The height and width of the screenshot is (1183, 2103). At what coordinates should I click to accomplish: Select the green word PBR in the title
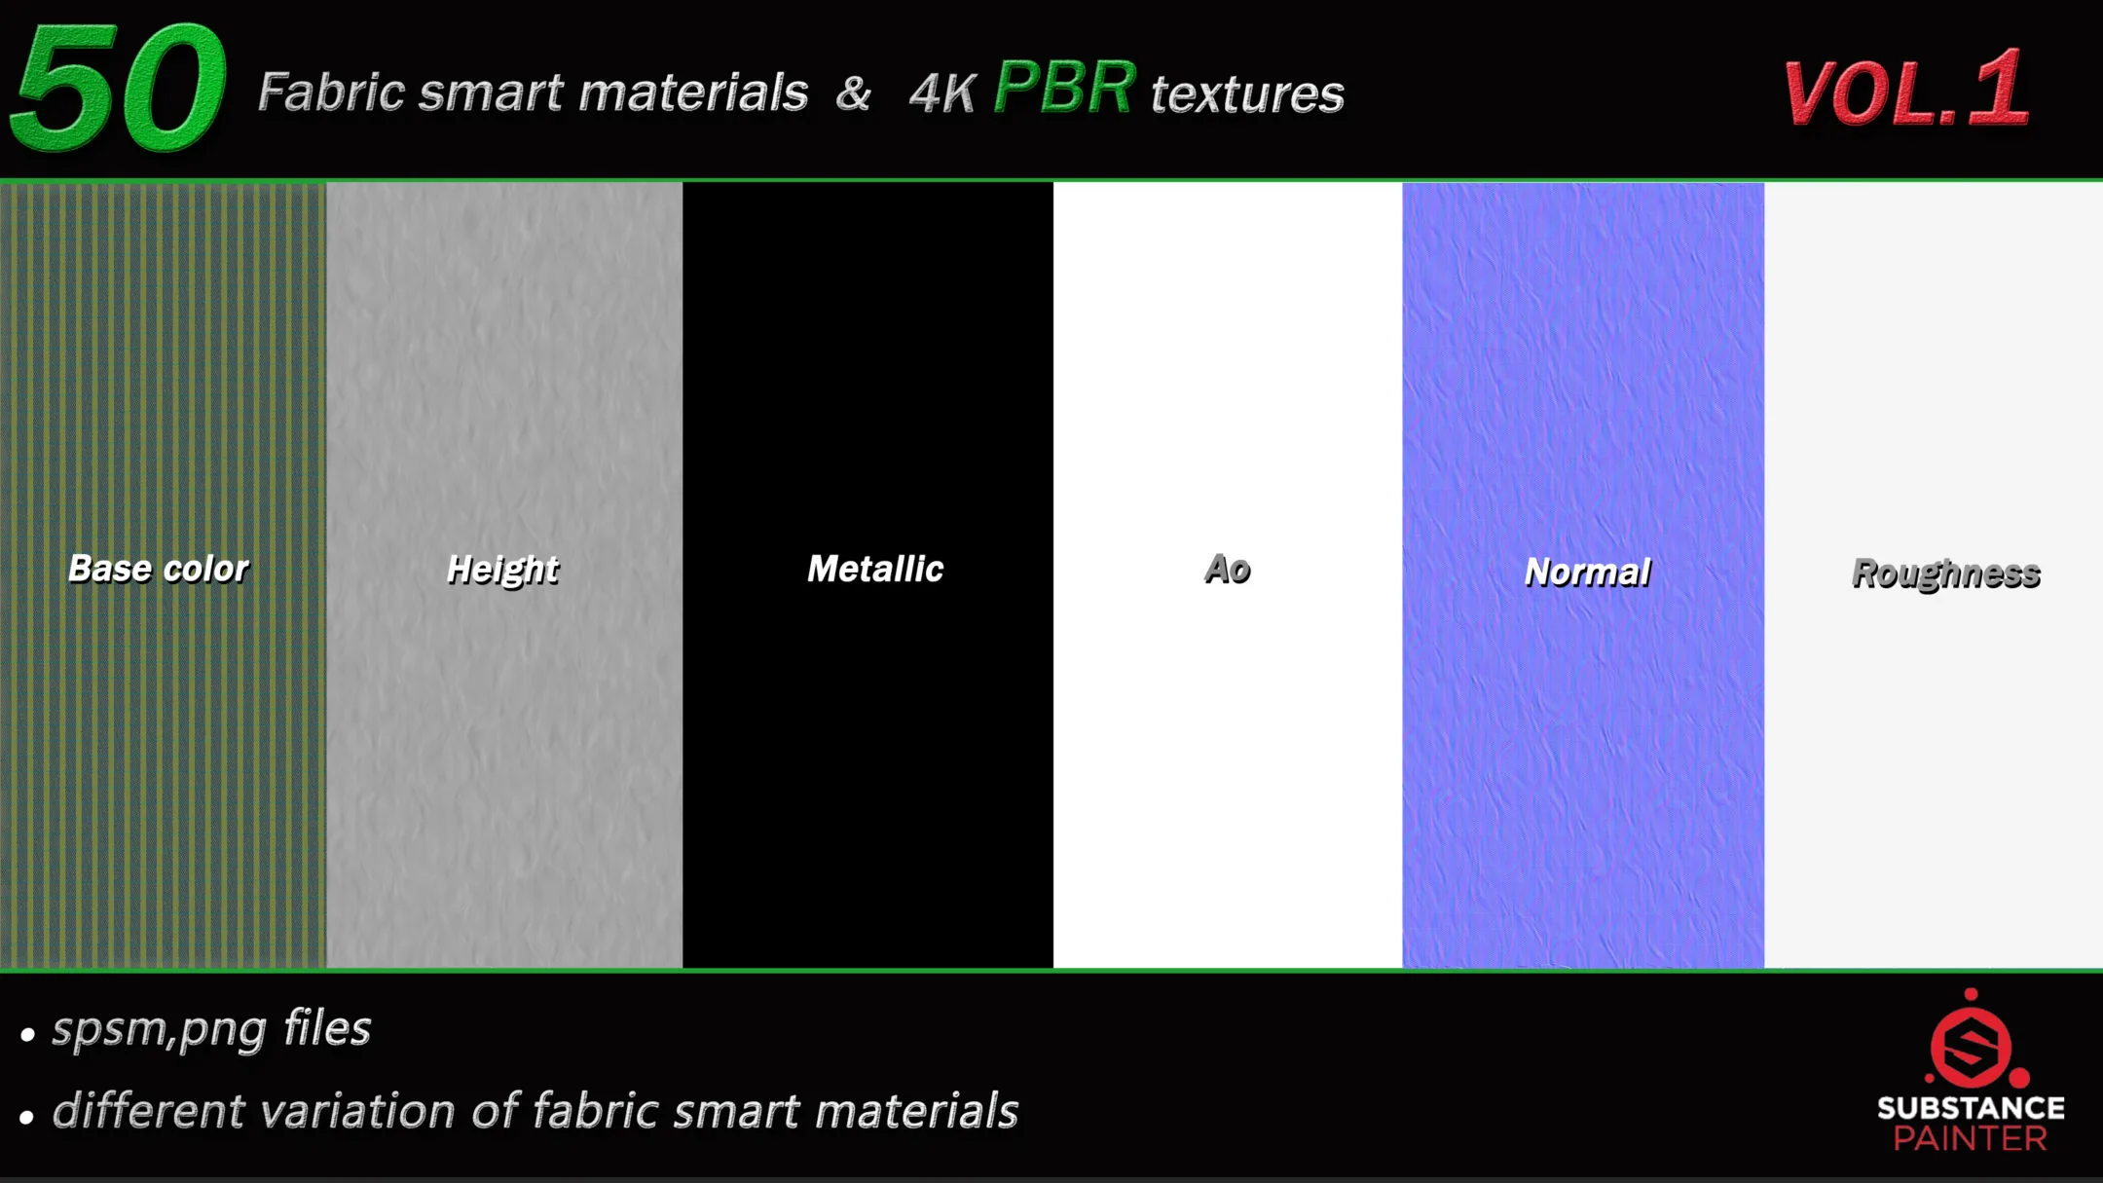tap(1064, 88)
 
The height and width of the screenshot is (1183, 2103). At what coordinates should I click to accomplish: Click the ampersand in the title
tap(853, 93)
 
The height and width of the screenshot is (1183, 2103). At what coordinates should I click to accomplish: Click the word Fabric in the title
tap(331, 92)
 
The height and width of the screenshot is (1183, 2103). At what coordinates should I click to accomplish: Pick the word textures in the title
tap(1247, 94)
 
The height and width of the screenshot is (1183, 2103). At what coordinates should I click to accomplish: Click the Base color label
tap(159, 569)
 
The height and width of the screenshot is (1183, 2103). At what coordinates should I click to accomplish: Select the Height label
tap(502, 570)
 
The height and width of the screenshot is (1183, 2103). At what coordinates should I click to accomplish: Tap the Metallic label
tap(875, 569)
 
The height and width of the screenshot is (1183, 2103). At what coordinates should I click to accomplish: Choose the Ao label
tap(1227, 569)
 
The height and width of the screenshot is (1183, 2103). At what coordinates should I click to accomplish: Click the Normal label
tap(1587, 573)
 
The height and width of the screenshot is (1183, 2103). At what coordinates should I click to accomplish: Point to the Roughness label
tap(1945, 573)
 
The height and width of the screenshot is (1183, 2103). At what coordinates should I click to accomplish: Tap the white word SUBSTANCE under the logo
tap(1971, 1108)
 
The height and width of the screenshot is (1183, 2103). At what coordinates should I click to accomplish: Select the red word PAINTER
tap(1971, 1138)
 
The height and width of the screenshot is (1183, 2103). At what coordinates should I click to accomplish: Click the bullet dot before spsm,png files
tap(27, 1034)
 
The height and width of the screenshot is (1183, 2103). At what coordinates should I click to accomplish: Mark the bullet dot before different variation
tap(27, 1117)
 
